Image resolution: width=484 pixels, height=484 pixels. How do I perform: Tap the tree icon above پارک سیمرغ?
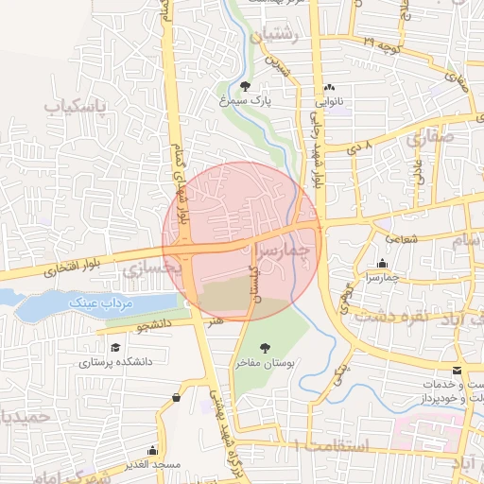pos(246,86)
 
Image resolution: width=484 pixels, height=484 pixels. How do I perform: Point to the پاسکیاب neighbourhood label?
pos(72,107)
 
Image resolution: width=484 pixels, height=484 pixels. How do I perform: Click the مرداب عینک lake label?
pos(99,302)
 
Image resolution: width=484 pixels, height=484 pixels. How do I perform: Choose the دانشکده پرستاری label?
pos(115,361)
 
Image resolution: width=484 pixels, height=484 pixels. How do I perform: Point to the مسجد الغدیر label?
pos(152,466)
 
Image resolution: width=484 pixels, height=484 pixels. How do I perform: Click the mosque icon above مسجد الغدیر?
pos(152,451)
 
